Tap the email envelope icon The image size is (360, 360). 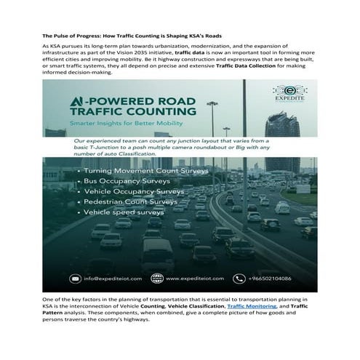(76, 277)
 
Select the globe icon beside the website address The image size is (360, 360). (157, 277)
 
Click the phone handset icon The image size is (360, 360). (237, 277)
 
